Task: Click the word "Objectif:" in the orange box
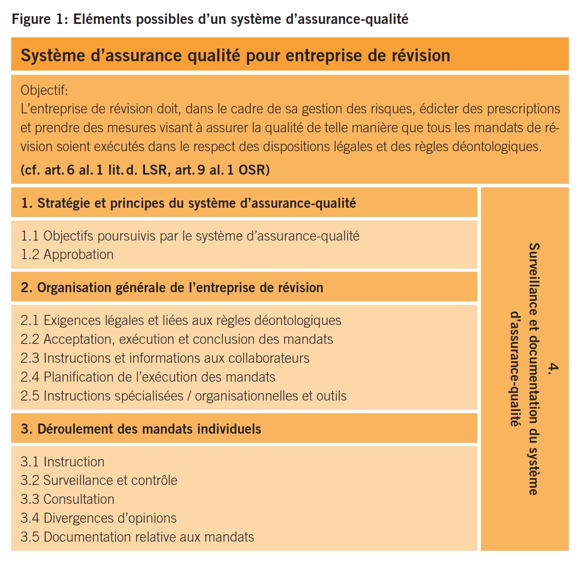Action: click(x=44, y=90)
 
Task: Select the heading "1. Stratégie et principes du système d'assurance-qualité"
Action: click(x=189, y=203)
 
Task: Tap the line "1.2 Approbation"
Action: click(x=67, y=254)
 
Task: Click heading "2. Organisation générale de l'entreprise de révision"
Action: click(x=172, y=288)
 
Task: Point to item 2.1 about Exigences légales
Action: click(x=180, y=320)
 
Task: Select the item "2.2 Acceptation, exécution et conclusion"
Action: click(x=177, y=339)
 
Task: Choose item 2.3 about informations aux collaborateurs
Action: click(x=165, y=358)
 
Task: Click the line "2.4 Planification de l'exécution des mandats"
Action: click(x=148, y=377)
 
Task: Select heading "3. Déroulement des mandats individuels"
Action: click(x=141, y=429)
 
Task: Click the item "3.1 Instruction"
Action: click(x=62, y=462)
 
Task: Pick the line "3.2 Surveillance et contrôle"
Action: click(x=99, y=480)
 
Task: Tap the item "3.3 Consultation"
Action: click(x=67, y=499)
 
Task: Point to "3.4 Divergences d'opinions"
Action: click(x=98, y=518)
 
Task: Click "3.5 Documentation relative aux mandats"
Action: click(x=137, y=537)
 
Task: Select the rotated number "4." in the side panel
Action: click(x=553, y=368)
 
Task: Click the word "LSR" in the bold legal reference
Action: click(x=155, y=170)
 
